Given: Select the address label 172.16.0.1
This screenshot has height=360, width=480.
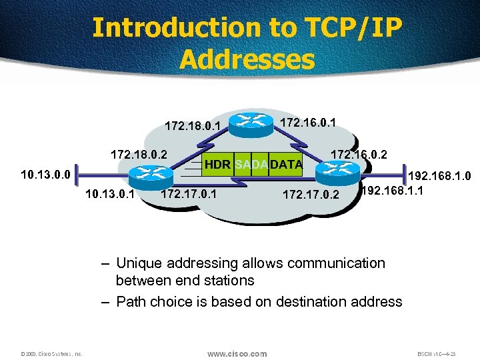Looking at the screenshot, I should (307, 123).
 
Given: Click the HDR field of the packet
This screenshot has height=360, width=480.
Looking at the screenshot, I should (219, 164).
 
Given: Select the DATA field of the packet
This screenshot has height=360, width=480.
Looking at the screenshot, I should (286, 164).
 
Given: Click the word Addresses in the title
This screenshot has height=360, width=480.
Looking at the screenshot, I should (246, 60).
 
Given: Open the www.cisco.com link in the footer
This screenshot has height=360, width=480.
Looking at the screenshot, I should (237, 353).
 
